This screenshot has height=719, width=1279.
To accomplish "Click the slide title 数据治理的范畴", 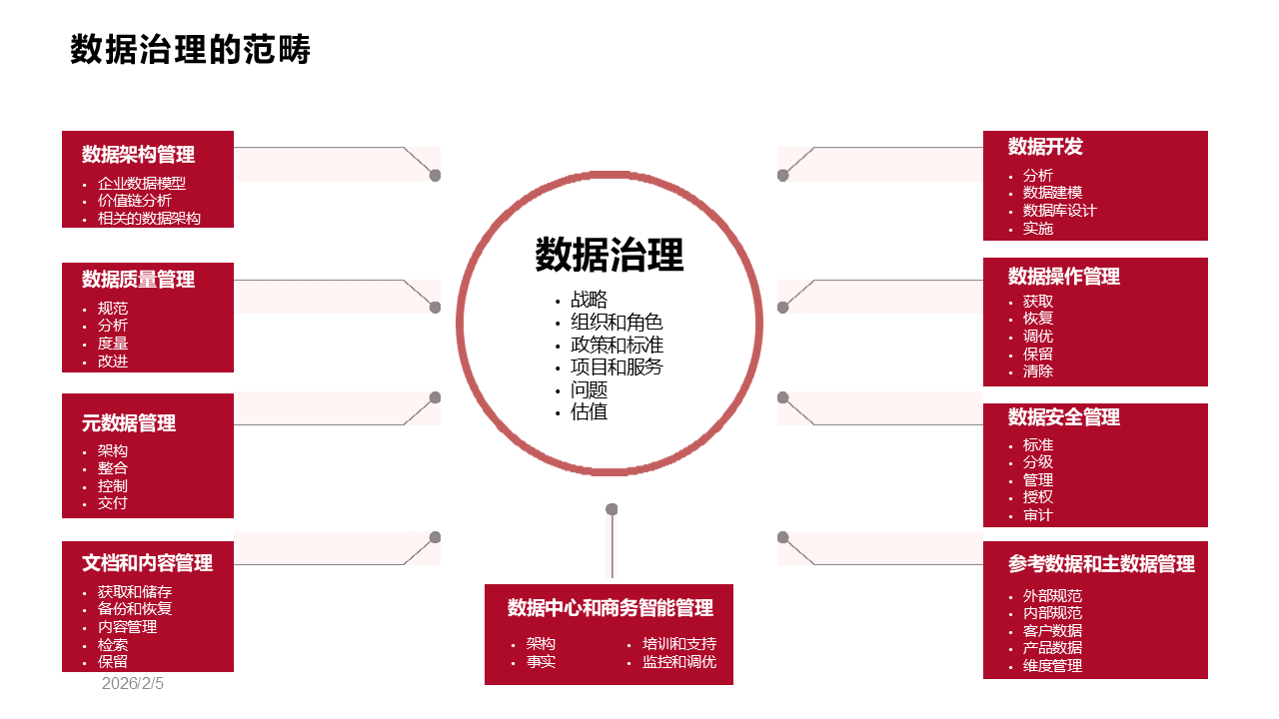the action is [x=190, y=50].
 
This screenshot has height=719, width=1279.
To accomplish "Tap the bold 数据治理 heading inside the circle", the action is [x=609, y=255].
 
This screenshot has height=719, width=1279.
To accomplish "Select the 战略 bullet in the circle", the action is [x=589, y=300].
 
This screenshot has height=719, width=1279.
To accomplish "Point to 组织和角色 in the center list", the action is [x=617, y=322].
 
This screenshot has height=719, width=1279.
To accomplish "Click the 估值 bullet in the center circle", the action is [x=589, y=411].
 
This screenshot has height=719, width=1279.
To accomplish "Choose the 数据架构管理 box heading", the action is [x=138, y=155].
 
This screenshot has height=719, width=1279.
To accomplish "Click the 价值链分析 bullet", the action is [x=134, y=201].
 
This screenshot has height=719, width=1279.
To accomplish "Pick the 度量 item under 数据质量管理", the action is [x=112, y=344].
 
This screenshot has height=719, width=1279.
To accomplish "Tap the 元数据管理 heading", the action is [x=129, y=423].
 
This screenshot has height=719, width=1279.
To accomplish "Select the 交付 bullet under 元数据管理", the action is [x=112, y=503].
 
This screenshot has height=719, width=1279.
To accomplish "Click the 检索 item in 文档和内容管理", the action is [x=112, y=644].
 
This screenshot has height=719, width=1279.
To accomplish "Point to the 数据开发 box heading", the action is [x=1045, y=147].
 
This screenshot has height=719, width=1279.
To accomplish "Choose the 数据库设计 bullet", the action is [x=1059, y=211].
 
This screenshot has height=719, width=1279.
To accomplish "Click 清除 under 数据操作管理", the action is [x=1037, y=370].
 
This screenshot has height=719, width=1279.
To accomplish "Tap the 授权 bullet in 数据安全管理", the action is [x=1037, y=497].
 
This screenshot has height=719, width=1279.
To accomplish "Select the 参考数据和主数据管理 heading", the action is [x=1101, y=564].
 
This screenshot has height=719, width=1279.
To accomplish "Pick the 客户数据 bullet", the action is [x=1052, y=631].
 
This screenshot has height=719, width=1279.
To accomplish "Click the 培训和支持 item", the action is [x=678, y=644].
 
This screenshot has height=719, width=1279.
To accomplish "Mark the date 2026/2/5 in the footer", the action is [x=132, y=684].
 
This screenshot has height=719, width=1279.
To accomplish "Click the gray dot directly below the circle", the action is [x=612, y=509].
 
